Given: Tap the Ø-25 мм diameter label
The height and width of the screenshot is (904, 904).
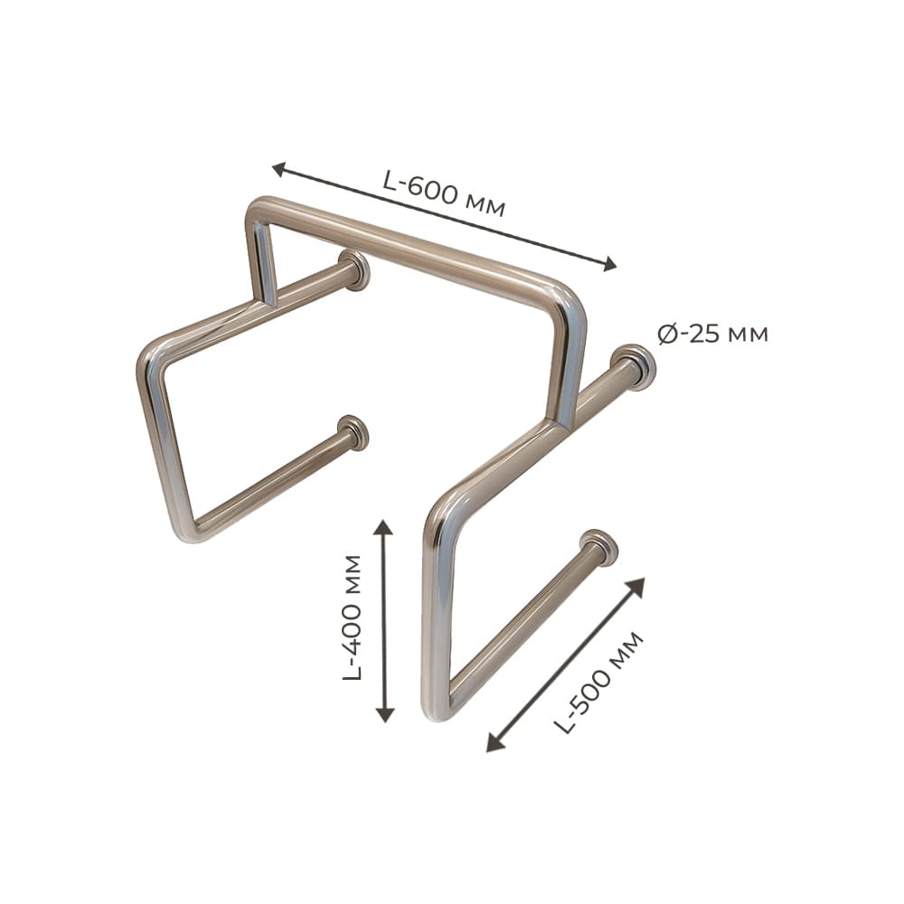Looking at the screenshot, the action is [712, 334].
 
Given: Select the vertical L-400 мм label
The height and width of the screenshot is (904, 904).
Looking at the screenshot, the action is [352, 617].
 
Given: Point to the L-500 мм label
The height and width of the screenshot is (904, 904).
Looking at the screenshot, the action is [598, 683].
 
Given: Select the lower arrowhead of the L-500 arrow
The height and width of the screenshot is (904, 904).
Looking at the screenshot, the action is [494, 744].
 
